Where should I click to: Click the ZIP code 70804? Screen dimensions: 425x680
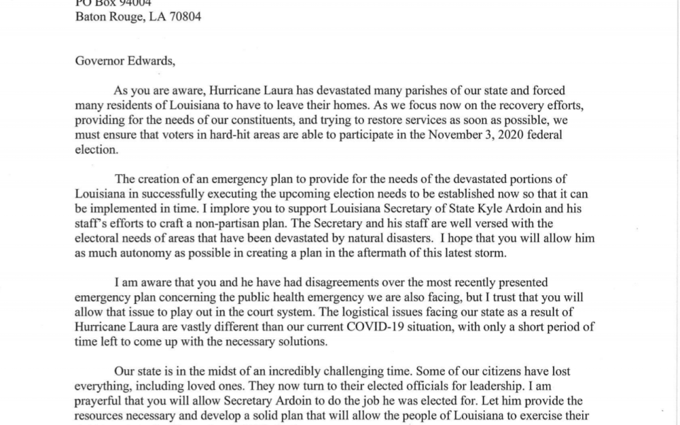point(183,16)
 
